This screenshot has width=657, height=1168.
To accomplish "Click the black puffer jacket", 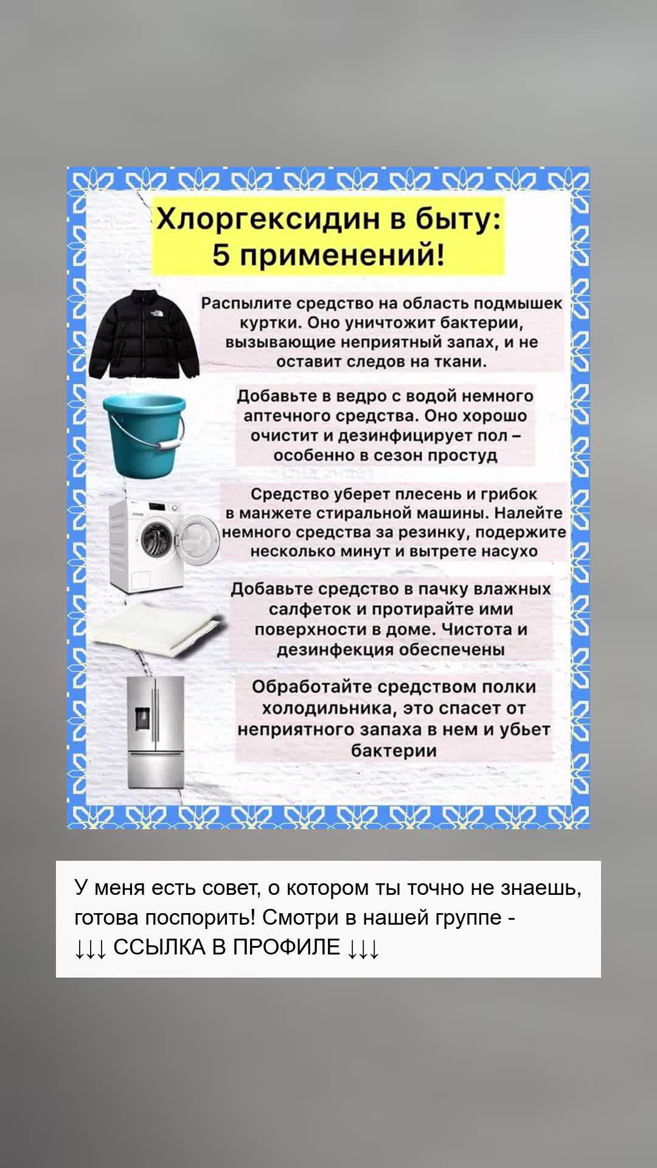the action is coord(144,334).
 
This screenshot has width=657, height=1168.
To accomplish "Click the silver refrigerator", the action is coord(155,732).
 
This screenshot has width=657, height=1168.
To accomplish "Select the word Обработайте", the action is coord(312,687).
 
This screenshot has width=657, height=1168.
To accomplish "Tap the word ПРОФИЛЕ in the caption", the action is coord(288,947).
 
